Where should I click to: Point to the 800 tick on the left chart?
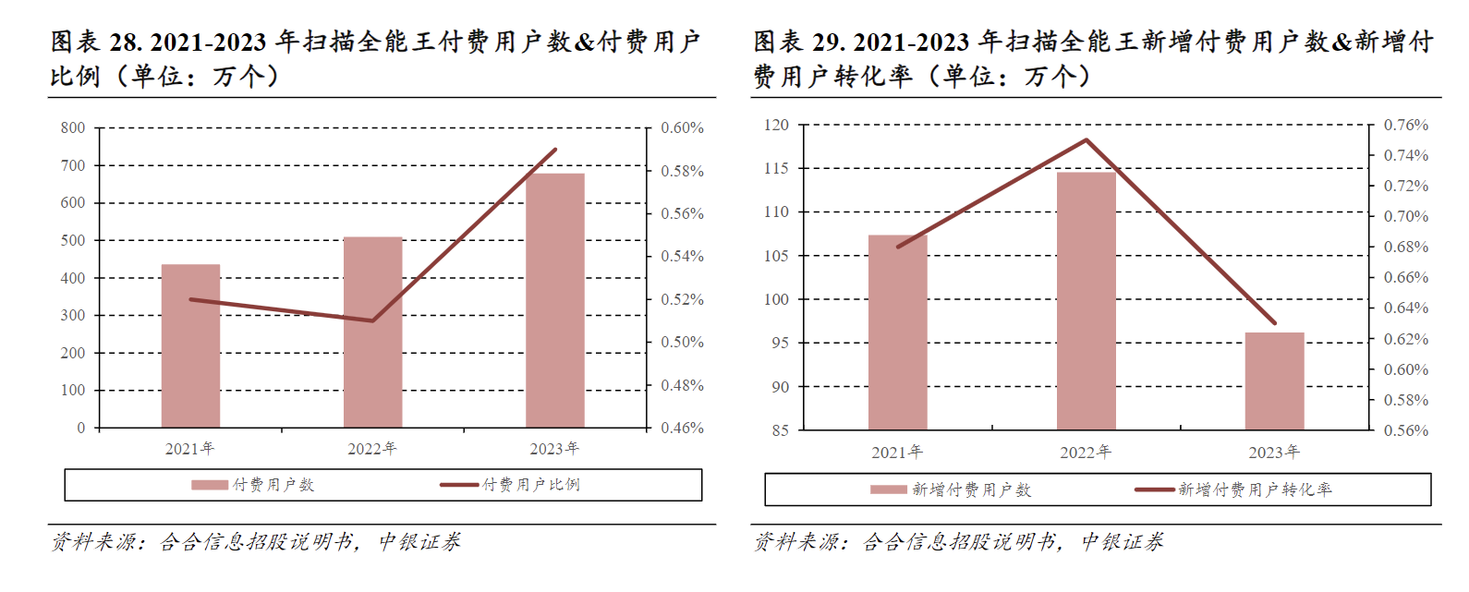point(73,128)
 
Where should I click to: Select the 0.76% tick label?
point(1405,125)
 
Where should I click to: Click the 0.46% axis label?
point(682,429)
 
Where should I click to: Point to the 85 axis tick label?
point(780,430)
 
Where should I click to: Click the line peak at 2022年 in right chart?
point(1087,140)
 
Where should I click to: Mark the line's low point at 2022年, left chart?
point(372,320)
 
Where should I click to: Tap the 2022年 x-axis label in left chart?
point(372,449)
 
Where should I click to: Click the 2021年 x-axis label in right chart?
point(897,453)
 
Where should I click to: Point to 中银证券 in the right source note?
point(1123,542)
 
